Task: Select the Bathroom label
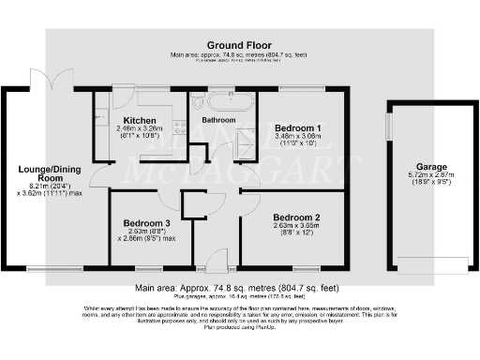tap(217, 120)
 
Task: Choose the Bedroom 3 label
tap(147, 223)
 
